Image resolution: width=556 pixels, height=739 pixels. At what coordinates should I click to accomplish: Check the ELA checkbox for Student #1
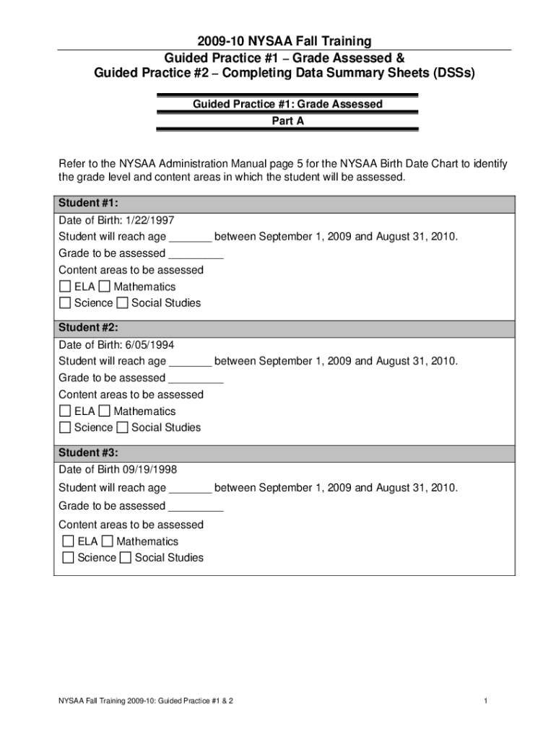tap(65, 287)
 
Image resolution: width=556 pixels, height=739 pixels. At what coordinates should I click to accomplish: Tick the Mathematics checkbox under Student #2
tap(105, 411)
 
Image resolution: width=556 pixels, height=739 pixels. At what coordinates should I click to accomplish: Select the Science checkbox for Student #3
tap(68, 557)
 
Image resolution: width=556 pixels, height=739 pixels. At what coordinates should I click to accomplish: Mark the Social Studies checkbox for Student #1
tap(122, 303)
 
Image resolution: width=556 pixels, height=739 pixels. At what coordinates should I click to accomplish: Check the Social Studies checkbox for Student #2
tap(122, 427)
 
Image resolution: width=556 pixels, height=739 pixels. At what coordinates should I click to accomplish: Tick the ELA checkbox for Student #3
tap(68, 541)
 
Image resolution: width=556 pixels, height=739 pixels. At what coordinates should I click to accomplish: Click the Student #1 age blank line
tap(191, 237)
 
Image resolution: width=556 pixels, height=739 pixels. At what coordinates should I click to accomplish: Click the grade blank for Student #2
tap(195, 378)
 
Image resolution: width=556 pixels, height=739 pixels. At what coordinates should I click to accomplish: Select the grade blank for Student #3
tap(195, 506)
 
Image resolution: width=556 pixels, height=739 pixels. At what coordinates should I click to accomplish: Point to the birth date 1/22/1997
tap(150, 220)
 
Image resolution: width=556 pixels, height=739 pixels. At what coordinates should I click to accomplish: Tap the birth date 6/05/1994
tap(150, 345)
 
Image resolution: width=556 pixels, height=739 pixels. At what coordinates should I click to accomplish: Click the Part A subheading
tap(287, 121)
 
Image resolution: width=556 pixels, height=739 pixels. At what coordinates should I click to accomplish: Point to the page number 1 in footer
tap(487, 701)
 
